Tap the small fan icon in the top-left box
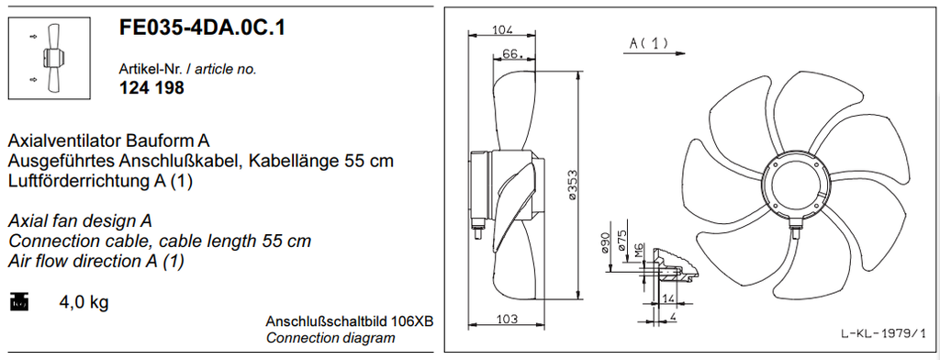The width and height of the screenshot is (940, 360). tap(50, 58)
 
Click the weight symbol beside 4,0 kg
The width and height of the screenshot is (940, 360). tap(19, 302)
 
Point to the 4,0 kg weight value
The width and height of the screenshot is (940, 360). tap(84, 302)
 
